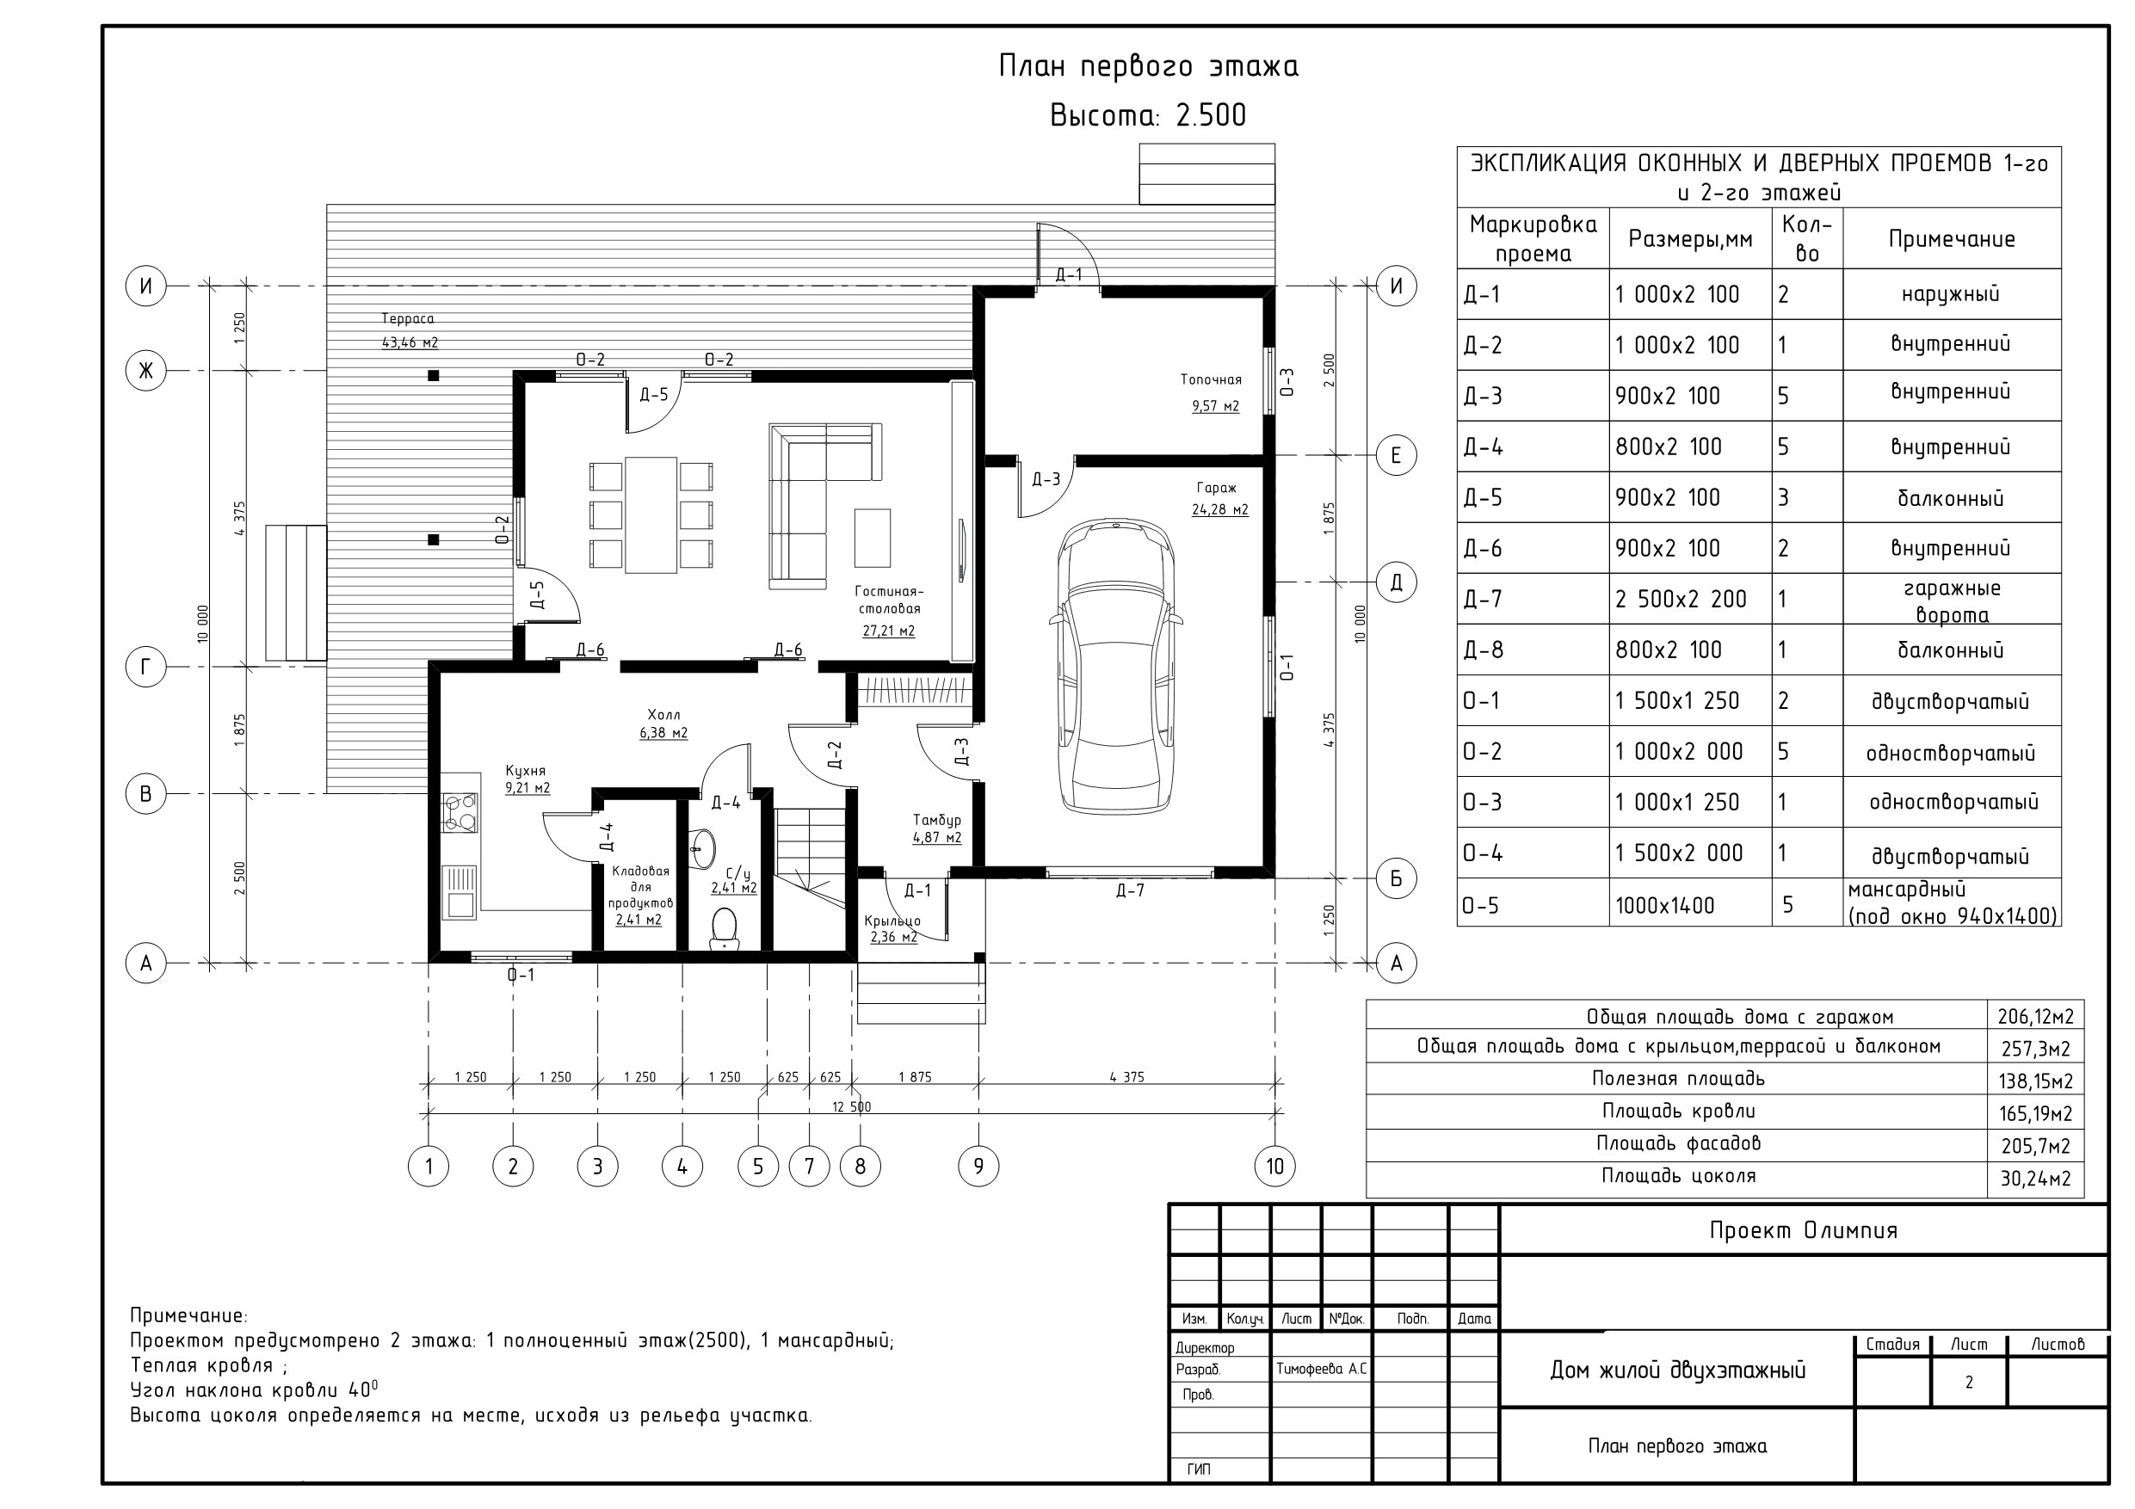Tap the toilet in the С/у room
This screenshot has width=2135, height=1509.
point(724,929)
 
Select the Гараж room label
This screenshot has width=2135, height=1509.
point(1216,487)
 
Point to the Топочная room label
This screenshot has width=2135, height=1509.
point(1211,379)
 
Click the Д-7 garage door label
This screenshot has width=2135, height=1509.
point(1130,890)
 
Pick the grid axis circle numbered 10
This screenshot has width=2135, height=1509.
point(1274,1166)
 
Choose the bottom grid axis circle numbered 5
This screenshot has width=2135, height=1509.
point(758,1166)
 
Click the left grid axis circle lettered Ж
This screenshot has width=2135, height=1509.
point(146,371)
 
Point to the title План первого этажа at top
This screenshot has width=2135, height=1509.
point(1149,66)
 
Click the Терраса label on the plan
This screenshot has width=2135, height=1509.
point(407,319)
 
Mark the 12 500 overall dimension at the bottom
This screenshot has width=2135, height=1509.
point(851,1106)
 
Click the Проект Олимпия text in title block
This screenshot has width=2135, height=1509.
point(1803,1230)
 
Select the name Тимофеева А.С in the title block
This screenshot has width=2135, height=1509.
point(1321,1369)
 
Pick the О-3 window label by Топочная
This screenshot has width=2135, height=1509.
point(1287,382)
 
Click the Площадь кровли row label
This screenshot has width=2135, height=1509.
point(1678,1111)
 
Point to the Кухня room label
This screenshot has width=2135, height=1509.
point(526,771)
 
